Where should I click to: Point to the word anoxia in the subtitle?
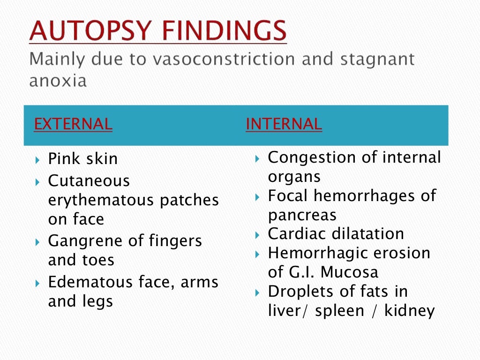(x=58, y=81)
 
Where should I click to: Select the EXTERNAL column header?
(x=73, y=124)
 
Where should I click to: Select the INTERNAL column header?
(x=284, y=124)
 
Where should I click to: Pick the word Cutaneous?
(x=89, y=181)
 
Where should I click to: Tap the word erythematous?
(x=102, y=201)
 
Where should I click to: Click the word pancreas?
(x=302, y=216)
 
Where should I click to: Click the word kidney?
(x=410, y=311)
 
